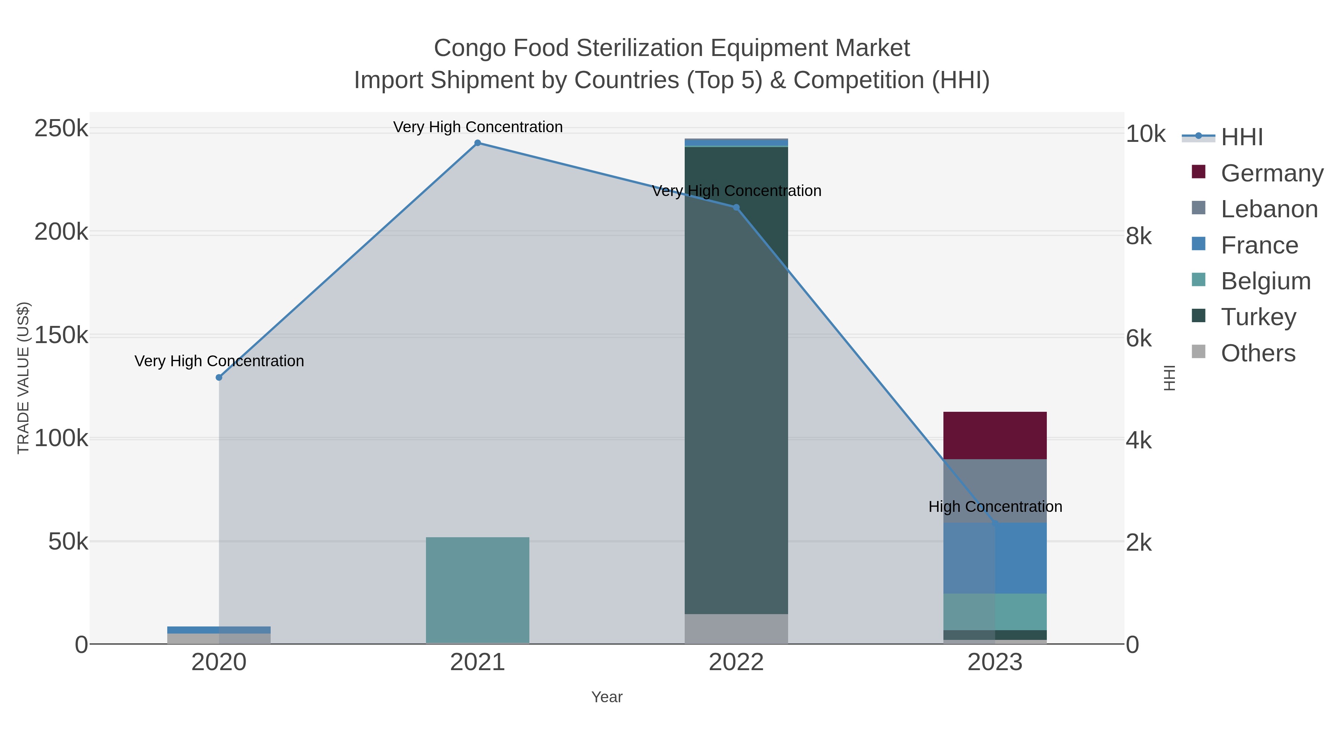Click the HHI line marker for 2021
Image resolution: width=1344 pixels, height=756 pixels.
click(477, 143)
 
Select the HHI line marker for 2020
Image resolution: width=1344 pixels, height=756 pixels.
click(219, 377)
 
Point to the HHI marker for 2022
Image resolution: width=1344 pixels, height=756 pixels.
click(736, 208)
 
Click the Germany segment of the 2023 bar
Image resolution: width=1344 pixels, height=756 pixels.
click(995, 435)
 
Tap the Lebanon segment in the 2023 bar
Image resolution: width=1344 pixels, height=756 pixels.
click(995, 491)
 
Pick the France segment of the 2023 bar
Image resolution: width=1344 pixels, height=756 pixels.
click(995, 558)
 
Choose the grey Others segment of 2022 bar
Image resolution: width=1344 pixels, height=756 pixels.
click(736, 629)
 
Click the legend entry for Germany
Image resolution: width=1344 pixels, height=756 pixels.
click(1272, 173)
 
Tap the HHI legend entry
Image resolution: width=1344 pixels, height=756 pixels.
click(1242, 137)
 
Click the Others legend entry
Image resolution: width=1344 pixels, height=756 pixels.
click(1257, 353)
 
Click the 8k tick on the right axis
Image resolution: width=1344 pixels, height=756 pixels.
click(1138, 236)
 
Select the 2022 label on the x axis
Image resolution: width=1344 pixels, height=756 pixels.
click(736, 663)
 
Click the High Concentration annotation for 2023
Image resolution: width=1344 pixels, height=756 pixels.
click(995, 507)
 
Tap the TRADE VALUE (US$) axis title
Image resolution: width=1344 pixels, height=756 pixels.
click(24, 378)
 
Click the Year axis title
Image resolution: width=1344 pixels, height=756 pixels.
click(607, 697)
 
